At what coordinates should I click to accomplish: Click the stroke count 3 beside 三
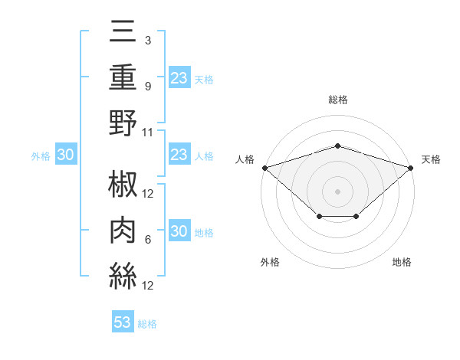point(147,40)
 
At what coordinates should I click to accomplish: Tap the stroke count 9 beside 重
point(147,86)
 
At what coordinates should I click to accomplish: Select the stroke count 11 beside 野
point(147,132)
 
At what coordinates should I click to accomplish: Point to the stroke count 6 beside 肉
point(147,240)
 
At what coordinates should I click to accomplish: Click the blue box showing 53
point(123,322)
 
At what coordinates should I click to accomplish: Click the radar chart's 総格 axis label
point(337,100)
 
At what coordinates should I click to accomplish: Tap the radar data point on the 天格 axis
point(411,167)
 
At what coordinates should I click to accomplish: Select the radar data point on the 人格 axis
point(264,167)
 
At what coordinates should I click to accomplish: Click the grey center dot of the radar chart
point(337,191)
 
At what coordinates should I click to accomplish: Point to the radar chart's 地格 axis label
point(402,263)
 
